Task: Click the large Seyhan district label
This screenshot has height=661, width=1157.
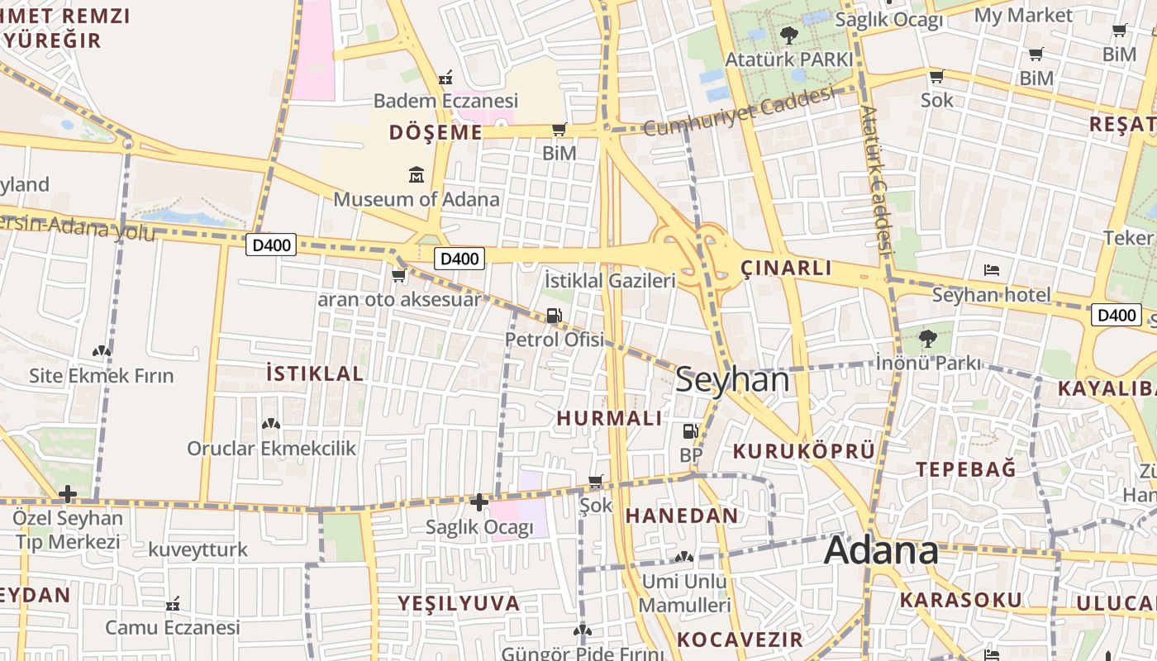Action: coord(732,380)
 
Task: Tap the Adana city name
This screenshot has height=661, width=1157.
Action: coord(881,550)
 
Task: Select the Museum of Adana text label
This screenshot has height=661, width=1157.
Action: coord(417,199)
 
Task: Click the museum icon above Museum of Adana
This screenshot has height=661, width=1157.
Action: coord(416,175)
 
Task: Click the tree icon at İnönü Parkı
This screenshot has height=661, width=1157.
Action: coord(927,338)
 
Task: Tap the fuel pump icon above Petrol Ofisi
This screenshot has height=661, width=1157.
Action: coord(554,316)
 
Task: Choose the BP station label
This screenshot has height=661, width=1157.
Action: coord(690,455)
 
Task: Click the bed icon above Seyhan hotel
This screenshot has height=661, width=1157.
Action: coord(992,270)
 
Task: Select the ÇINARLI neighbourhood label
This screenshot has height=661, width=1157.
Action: coord(786,268)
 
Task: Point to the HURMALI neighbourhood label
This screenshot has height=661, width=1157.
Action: coord(609,418)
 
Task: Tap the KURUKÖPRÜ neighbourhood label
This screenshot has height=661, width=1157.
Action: coord(803,451)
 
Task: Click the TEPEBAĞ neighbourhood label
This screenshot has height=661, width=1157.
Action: coord(965,469)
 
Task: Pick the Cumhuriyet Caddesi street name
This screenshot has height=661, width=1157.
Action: coord(737,112)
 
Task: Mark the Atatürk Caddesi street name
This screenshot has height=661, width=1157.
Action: coord(878,178)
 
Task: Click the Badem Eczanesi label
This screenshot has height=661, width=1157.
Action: coord(445,101)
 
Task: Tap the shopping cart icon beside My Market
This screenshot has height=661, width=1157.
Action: coord(1120,31)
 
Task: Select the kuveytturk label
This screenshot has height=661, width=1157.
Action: coord(198,549)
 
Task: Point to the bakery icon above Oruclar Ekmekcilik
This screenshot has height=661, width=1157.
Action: coord(271,424)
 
